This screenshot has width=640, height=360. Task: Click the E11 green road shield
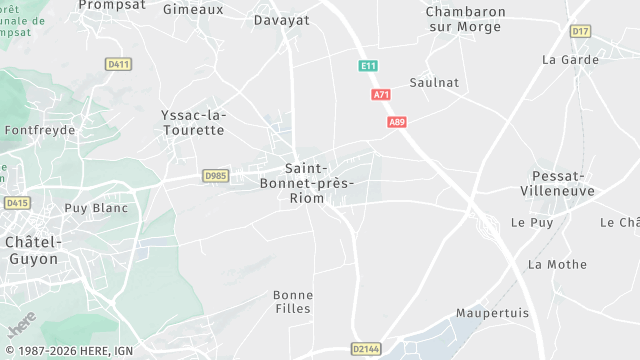[369, 66]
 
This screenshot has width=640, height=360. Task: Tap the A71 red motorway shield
[380, 95]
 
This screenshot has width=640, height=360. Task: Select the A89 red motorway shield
[397, 122]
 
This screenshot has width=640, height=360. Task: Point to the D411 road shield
[118, 64]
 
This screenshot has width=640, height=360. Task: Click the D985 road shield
[215, 175]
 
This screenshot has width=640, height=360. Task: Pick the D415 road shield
[17, 203]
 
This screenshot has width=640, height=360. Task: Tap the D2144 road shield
[367, 349]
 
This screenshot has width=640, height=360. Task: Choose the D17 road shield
[581, 32]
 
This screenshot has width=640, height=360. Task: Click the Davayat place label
[281, 20]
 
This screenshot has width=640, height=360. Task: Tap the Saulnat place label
[434, 82]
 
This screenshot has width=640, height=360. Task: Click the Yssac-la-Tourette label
[193, 123]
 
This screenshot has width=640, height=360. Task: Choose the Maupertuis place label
[492, 313]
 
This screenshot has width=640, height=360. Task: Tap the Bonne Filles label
[293, 302]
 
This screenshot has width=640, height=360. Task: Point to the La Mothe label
[557, 265]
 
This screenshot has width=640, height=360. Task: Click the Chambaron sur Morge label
[465, 19]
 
